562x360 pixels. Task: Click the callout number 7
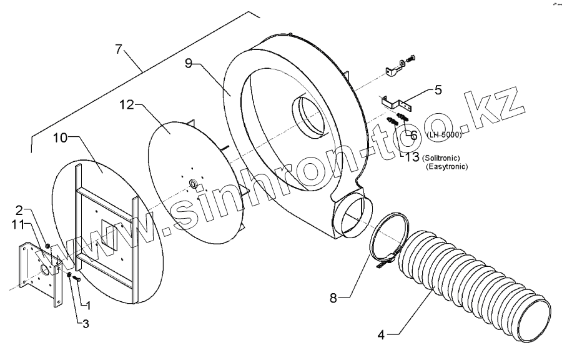[x=119, y=49]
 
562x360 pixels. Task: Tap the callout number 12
[x=127, y=106]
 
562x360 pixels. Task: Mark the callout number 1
[x=88, y=306]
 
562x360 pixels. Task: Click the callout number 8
[x=334, y=297]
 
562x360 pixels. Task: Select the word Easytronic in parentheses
[x=446, y=167]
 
